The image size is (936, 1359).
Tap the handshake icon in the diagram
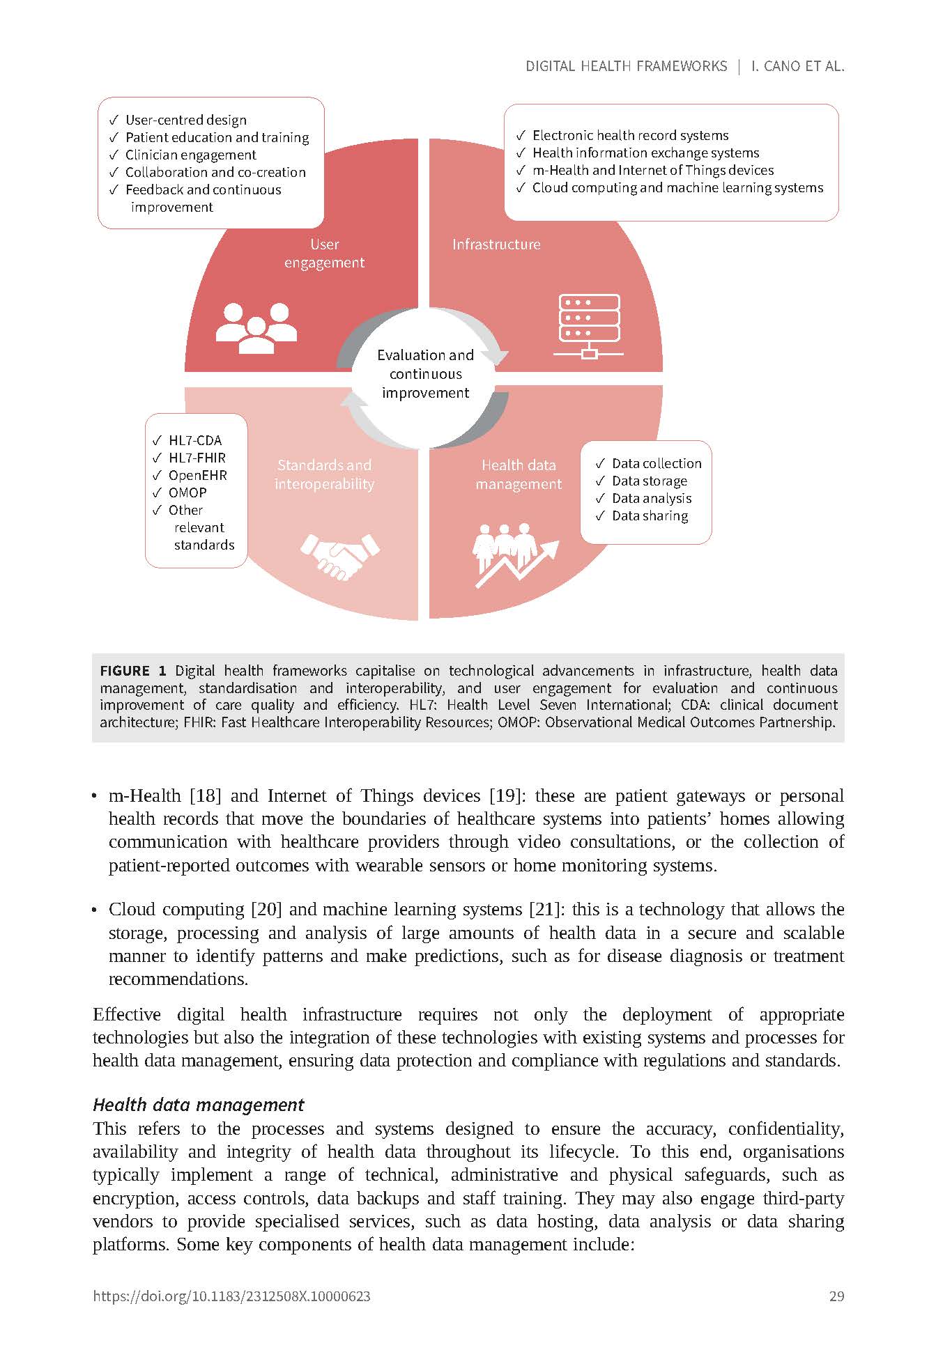[x=339, y=556]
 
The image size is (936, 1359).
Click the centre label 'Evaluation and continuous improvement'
[x=425, y=374]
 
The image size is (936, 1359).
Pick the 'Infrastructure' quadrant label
[x=496, y=244]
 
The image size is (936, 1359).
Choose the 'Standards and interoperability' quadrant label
[x=324, y=474]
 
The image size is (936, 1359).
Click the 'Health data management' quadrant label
[x=519, y=474]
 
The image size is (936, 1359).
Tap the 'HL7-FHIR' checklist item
[x=197, y=458]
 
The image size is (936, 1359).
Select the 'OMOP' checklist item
[x=187, y=492]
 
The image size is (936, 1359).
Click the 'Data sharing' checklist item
[x=650, y=515]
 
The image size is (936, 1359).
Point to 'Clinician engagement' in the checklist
[x=190, y=155]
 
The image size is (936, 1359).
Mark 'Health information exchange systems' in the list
[x=645, y=153]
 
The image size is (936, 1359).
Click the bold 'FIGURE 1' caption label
[x=133, y=671]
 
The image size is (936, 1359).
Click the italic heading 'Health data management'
[x=199, y=1105]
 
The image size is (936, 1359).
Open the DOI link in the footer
[x=231, y=1296]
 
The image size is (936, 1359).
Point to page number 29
[x=836, y=1296]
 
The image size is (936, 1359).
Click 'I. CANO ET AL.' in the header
[x=797, y=66]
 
